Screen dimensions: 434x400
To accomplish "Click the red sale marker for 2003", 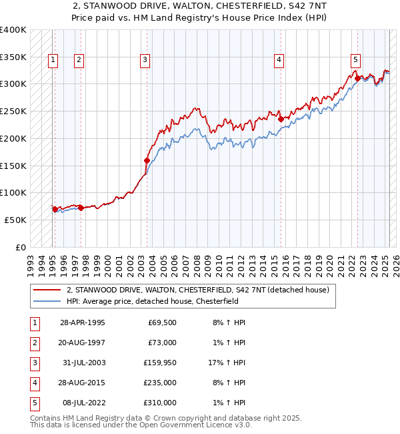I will (x=147, y=160).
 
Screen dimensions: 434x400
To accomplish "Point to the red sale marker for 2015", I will (x=281, y=120).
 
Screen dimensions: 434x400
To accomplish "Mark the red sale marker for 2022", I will (x=358, y=78).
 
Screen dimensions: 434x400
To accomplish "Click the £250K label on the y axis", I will (x=13, y=111).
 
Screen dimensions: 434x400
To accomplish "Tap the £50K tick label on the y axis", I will (x=15, y=220).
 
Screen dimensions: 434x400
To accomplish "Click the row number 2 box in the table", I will (x=34, y=343).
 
